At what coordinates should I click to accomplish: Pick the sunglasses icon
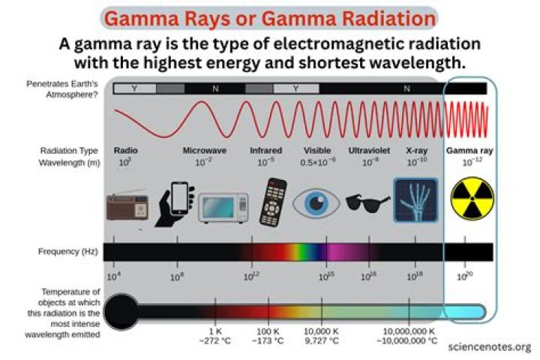(367, 202)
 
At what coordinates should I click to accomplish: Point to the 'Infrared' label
(265, 150)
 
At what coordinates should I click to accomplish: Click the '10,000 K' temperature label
(322, 331)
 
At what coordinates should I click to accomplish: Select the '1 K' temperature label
(216, 331)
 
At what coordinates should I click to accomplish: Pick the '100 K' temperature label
(268, 331)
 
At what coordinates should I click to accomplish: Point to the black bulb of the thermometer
(122, 310)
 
